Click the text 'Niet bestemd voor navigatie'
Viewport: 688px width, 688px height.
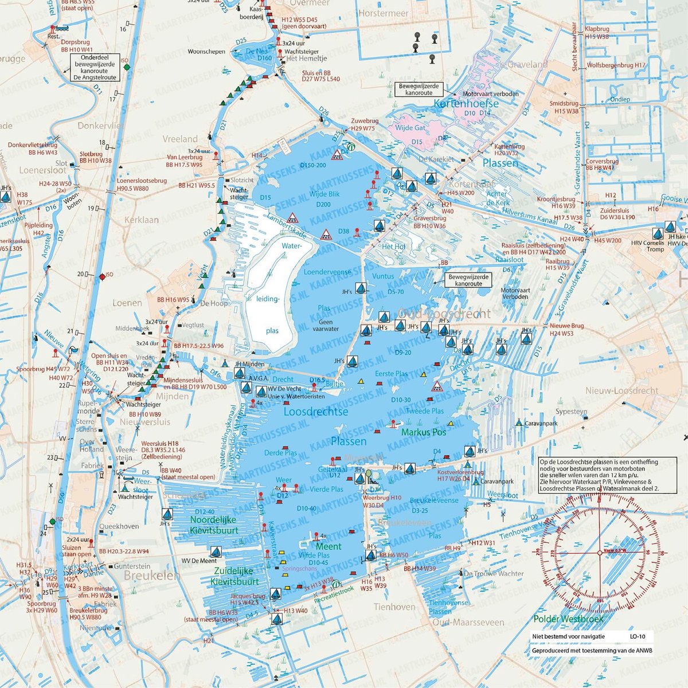pos(568,637)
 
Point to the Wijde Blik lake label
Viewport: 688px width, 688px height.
pos(325,194)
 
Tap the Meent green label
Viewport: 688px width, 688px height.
pos(329,546)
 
